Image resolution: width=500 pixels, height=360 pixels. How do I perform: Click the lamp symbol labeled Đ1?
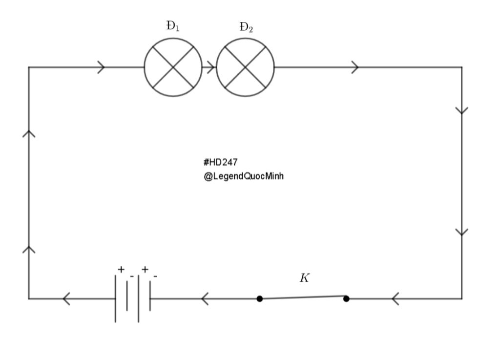(x=173, y=67)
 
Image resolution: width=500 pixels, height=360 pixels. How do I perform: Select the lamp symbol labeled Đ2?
(x=245, y=67)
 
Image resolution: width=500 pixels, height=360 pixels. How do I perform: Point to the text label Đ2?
(x=246, y=27)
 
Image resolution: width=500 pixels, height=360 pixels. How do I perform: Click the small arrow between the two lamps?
(x=210, y=67)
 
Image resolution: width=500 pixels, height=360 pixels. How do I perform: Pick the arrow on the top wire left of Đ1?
(x=101, y=67)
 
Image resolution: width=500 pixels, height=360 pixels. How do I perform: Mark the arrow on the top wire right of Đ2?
(x=355, y=67)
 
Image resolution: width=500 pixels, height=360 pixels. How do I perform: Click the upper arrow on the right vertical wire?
(x=461, y=110)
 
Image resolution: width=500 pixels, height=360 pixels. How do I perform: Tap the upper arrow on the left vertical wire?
(x=29, y=133)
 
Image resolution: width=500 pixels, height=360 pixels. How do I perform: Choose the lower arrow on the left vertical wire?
(x=29, y=249)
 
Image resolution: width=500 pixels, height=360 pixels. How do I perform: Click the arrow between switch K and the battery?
(x=205, y=298)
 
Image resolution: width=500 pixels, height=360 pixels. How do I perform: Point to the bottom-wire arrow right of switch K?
(x=396, y=298)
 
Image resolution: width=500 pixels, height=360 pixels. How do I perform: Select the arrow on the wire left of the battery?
(x=67, y=298)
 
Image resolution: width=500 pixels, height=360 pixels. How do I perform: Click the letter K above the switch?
(x=305, y=278)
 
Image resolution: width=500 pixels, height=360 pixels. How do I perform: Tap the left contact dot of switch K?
(x=260, y=298)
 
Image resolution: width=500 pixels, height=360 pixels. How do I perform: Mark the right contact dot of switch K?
(x=346, y=298)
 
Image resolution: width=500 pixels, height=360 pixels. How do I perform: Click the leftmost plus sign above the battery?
(x=121, y=269)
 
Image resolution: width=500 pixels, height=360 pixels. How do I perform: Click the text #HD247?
(x=220, y=163)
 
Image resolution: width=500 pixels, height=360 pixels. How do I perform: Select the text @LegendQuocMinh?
(x=244, y=176)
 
